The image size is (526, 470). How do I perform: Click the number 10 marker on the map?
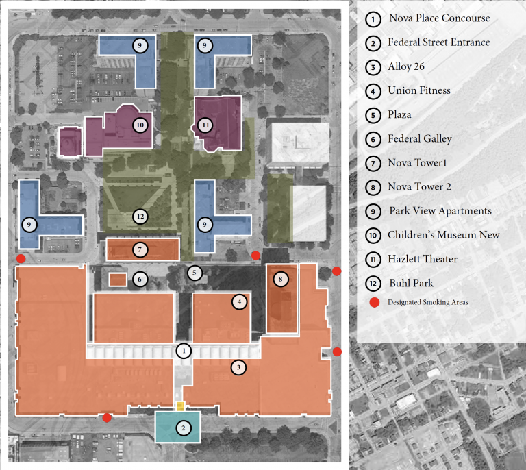140,125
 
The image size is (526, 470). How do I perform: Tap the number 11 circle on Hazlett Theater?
205,125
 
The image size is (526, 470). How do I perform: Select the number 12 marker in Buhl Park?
140,217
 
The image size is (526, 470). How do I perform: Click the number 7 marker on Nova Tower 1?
140,249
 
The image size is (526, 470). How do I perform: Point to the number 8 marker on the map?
280,279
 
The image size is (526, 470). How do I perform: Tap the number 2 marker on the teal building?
184,428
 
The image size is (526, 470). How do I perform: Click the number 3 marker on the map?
238,368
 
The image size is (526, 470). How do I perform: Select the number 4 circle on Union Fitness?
238,301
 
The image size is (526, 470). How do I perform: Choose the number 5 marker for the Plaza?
195,273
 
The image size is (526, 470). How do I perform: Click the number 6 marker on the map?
140,279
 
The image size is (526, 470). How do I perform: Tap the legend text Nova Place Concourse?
438,18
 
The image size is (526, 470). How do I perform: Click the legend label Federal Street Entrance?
438,42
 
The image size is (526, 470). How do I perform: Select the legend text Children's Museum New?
443,235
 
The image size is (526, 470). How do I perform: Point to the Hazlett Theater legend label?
422,259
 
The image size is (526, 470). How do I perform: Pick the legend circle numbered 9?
373,211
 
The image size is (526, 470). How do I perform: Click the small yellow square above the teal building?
180,406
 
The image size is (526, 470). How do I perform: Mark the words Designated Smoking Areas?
427,302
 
